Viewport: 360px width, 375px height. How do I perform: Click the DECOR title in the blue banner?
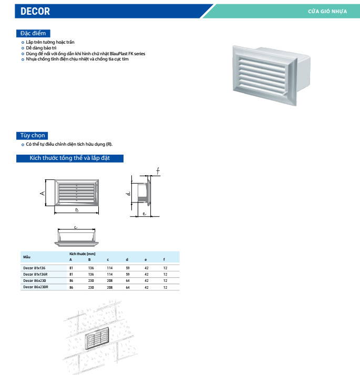tap(36, 11)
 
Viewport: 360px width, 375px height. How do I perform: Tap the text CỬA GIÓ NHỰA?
tap(327, 11)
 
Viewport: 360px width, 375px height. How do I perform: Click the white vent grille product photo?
tap(271, 72)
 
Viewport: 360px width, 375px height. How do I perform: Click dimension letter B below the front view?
tap(76, 210)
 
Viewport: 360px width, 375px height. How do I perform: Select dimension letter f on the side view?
tap(157, 170)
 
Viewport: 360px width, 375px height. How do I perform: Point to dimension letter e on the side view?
tap(144, 214)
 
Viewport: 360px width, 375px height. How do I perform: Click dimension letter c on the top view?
tap(76, 228)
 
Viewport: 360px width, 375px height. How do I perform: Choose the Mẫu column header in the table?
tap(27, 257)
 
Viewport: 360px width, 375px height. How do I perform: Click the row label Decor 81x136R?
tap(36, 274)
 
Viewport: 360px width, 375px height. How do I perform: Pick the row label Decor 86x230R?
tap(36, 287)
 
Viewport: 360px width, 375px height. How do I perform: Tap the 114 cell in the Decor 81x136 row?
tap(109, 268)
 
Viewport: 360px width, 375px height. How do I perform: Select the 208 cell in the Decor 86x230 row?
tap(109, 281)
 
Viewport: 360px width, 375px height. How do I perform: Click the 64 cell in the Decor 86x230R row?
tap(127, 287)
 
